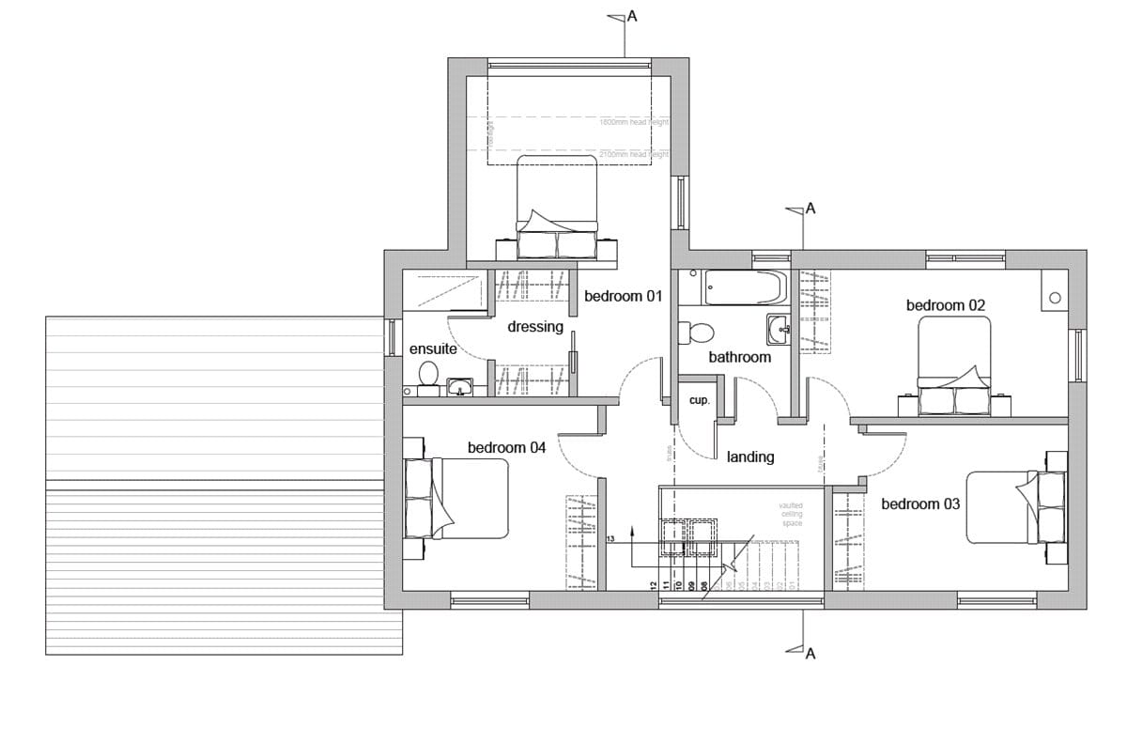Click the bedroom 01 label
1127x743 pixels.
624,296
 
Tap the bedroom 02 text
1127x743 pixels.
946,305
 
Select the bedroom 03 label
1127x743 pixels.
920,504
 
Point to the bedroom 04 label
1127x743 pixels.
506,447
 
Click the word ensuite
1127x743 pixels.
433,348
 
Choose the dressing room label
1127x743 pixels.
534,327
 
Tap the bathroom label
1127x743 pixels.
739,357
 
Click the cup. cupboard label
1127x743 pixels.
699,400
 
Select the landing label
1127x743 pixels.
750,457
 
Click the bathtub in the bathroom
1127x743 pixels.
745,287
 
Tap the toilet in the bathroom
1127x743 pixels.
700,333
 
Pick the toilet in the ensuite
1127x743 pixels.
428,373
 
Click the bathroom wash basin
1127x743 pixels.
778,329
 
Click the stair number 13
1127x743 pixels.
610,540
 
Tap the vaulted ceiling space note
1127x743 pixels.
791,514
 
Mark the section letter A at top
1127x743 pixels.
631,16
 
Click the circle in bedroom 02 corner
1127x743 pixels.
1055,298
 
